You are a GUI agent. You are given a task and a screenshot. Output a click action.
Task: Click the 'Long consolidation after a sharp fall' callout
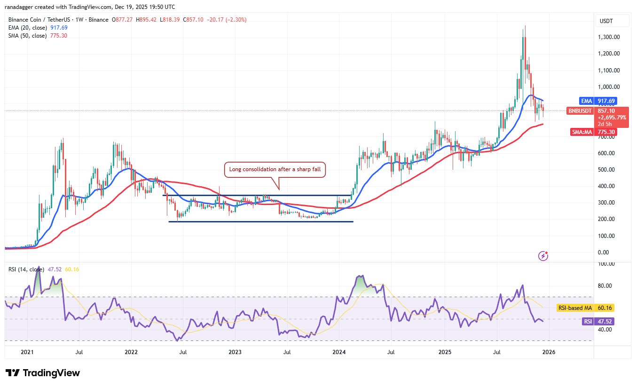point(275,169)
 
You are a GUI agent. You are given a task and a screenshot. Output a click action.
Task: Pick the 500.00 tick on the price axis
point(606,169)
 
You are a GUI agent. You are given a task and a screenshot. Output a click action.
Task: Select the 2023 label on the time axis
point(235,352)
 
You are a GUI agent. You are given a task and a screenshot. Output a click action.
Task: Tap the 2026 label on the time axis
point(548,352)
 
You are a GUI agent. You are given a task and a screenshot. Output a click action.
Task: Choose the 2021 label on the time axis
point(27,352)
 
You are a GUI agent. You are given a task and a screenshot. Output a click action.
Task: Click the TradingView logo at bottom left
point(43,373)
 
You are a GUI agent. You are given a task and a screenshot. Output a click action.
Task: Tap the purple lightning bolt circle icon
point(543,256)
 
